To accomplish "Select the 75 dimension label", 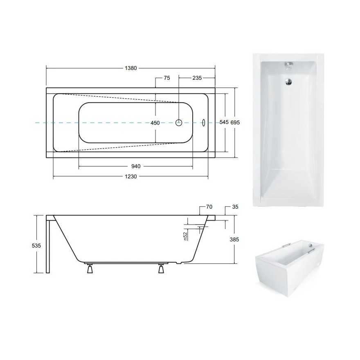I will (166, 79).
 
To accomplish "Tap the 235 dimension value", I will (198, 79).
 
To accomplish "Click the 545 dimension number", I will (224, 122).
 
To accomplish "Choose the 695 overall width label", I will (235, 122).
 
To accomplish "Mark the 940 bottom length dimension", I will (136, 166).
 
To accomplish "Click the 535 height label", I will (37, 245).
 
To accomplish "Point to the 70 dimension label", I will (209, 207).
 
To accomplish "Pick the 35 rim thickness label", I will (235, 207).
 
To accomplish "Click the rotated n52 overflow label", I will (185, 236).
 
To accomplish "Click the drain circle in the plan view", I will (179, 122).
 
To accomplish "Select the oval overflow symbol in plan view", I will (204, 122).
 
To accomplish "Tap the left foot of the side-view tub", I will (89, 270).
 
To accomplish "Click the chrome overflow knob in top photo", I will (288, 65).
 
